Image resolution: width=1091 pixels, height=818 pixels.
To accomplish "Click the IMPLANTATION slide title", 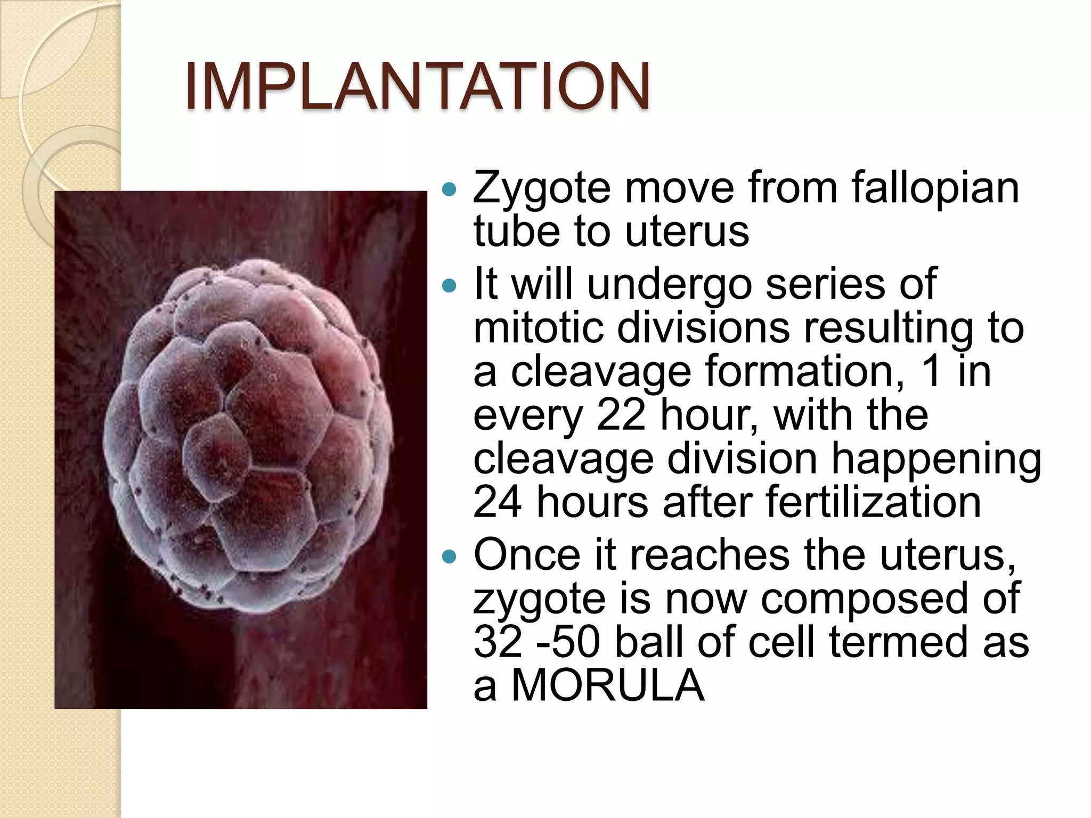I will [417, 86].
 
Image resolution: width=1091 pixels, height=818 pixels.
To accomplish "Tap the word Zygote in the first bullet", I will [541, 189].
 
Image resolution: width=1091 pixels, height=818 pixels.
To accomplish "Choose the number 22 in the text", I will [621, 415].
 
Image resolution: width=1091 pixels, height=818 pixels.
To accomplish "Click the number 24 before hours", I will [497, 502].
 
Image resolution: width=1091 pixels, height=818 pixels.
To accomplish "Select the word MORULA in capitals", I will [607, 686].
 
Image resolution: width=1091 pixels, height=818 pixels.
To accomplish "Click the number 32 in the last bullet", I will [498, 642].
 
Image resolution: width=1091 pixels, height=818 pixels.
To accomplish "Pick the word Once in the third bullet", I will [526, 555].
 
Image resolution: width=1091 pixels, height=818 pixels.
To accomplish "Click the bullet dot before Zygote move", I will [450, 189].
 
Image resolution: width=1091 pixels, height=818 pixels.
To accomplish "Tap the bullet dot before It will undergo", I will [450, 286].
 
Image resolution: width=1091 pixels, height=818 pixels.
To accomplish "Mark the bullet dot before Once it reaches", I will [450, 557].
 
